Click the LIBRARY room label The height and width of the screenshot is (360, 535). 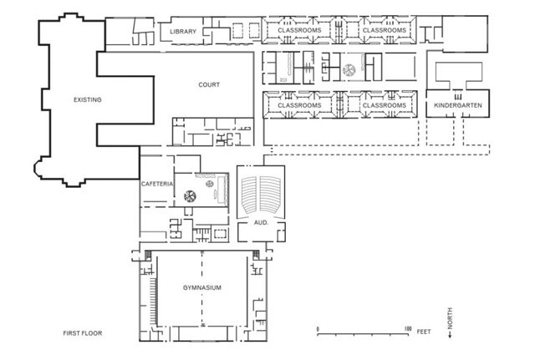pos(182,32)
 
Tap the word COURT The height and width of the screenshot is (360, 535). pos(209,85)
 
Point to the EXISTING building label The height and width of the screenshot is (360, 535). pos(87,99)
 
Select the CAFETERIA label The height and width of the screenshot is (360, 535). pos(157,184)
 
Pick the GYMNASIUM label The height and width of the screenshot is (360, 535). pos(201,287)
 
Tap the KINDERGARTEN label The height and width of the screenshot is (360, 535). pos(457,106)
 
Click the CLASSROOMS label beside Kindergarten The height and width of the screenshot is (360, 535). pos(385,106)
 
